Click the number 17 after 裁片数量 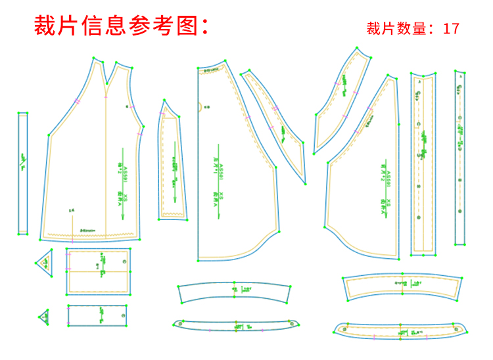pos(451,29)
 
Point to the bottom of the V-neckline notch pos(106,86)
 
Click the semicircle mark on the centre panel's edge pos(200,106)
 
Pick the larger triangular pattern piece pos(45,261)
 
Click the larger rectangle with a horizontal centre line pos(98,271)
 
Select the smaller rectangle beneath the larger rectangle pos(97,315)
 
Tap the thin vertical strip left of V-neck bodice pos(22,173)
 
